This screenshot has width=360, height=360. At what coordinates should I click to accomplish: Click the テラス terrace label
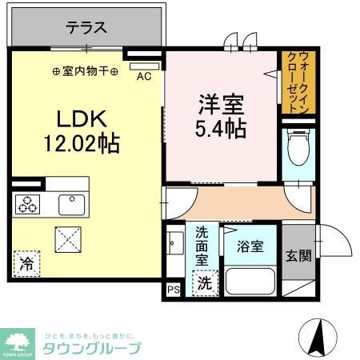pyautogui.click(x=86, y=26)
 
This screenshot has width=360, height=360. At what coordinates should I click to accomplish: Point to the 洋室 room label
pyautogui.click(x=221, y=103)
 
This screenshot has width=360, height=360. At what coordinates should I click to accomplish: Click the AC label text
pyautogui.click(x=144, y=77)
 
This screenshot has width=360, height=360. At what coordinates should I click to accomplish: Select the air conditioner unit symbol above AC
pyautogui.click(x=143, y=66)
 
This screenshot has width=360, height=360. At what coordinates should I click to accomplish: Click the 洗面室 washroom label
pyautogui.click(x=203, y=246)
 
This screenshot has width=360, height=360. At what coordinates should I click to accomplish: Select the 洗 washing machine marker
pyautogui.click(x=206, y=282)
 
